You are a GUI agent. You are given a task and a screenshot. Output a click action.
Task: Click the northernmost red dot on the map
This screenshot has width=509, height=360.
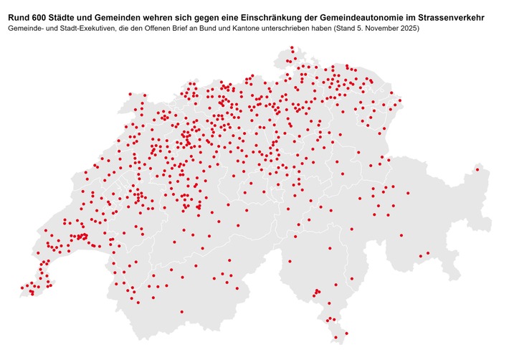[x=292, y=48]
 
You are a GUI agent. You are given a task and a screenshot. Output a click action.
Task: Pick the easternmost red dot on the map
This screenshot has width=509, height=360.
[x=479, y=171]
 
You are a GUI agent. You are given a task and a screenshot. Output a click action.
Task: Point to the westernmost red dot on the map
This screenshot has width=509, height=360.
[x=22, y=288]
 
